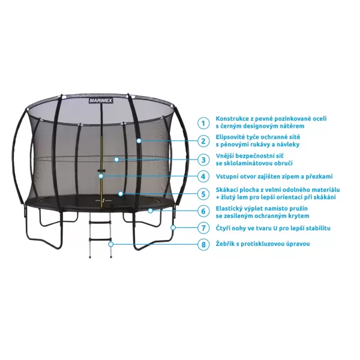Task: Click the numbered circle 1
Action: point(204,122)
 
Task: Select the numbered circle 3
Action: point(204,159)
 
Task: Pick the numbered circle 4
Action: point(204,176)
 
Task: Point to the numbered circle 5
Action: point(204,194)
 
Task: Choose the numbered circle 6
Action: point(204,211)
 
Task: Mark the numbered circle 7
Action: point(204,228)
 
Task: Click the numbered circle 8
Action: point(204,244)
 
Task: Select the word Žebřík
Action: point(226,244)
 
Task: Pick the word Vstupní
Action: point(227,176)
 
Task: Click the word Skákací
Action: point(227,190)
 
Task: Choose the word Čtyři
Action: point(224,228)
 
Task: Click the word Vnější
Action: point(226,155)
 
